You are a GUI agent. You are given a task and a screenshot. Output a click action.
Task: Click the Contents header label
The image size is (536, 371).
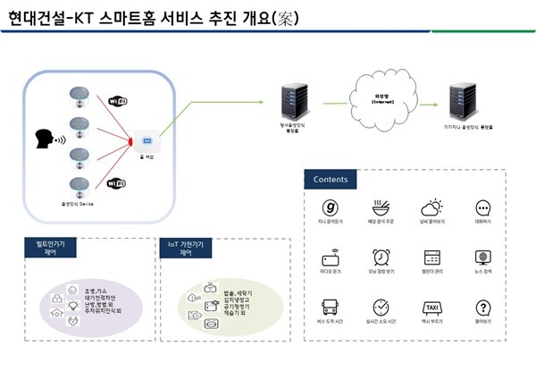[331, 179]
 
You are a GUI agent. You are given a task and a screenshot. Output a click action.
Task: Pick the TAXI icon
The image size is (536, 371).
[431, 307]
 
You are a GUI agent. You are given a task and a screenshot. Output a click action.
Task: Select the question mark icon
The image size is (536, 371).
[483, 307]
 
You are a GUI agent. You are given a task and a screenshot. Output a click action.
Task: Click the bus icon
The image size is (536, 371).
[331, 307]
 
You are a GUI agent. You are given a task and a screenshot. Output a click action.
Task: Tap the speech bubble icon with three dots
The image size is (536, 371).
[483, 207]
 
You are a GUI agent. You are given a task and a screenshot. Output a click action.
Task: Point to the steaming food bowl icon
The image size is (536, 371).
[381, 207]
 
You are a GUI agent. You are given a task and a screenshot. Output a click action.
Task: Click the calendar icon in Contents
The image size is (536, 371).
[431, 257]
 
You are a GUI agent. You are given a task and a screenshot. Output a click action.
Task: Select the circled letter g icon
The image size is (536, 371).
[331, 207]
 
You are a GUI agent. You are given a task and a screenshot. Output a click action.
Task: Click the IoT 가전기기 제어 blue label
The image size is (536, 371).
[186, 248]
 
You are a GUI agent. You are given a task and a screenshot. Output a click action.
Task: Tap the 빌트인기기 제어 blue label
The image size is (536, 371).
[51, 248]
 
